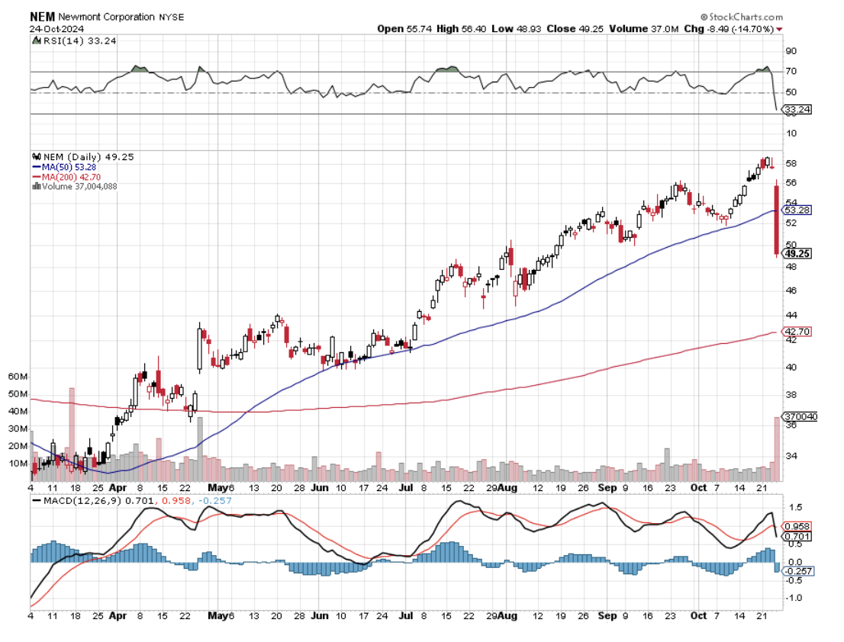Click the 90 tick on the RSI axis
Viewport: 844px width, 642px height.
[791, 51]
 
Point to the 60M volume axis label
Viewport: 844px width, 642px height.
[18, 377]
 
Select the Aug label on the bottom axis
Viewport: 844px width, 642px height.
[510, 486]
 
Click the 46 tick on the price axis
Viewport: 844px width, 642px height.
[791, 291]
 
